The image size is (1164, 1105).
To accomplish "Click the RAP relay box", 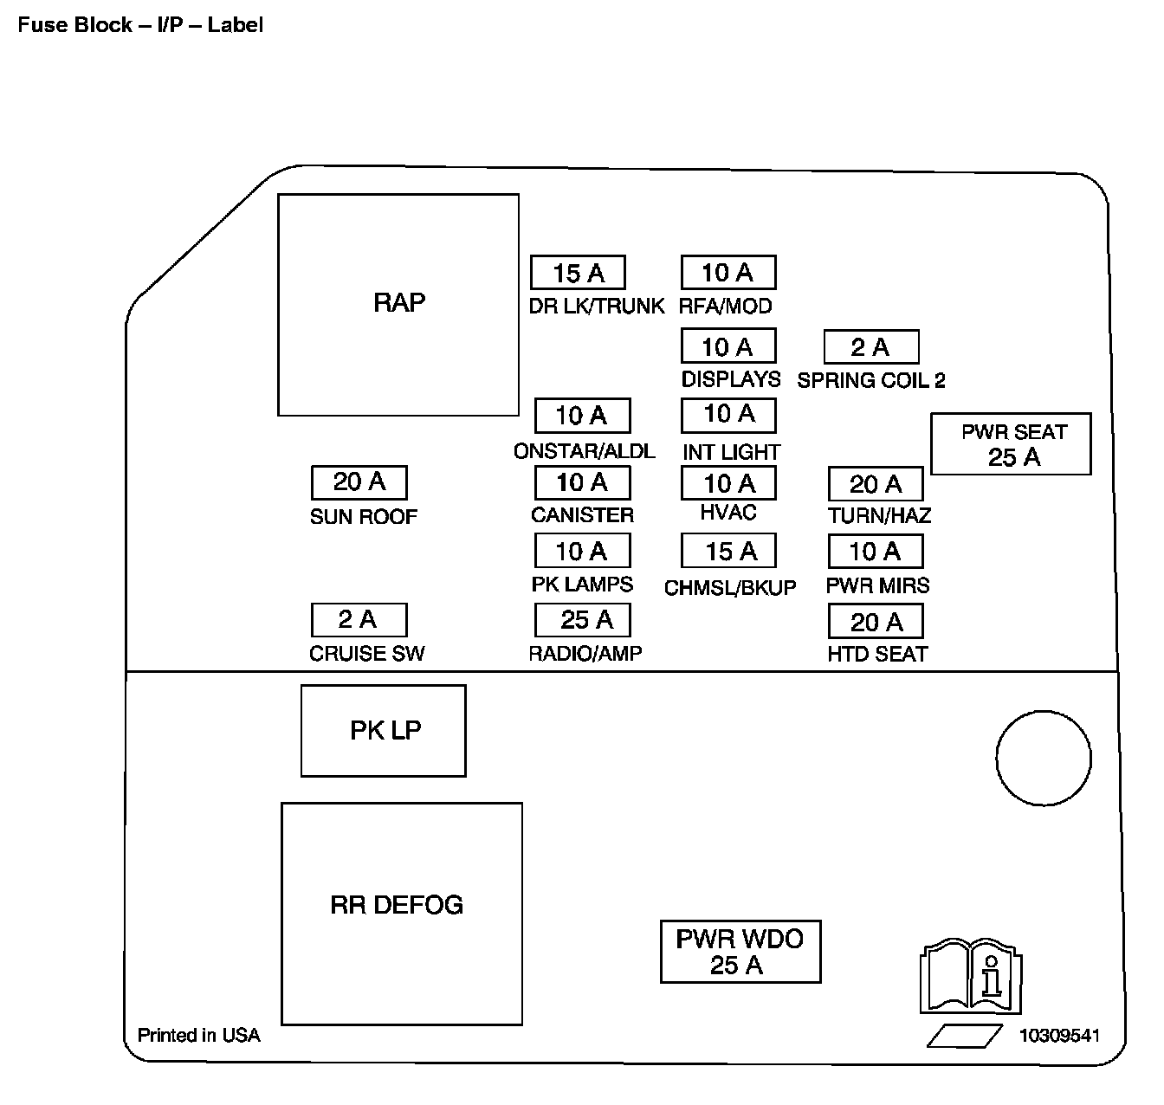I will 398,304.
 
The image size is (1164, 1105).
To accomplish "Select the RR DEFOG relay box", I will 401,913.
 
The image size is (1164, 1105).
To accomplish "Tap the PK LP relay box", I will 383,731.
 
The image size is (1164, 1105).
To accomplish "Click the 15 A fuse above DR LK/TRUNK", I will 578,273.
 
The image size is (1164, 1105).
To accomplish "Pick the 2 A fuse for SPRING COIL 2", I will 870,347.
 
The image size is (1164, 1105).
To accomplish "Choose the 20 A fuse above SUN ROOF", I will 359,482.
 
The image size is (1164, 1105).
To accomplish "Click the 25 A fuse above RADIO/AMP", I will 583,620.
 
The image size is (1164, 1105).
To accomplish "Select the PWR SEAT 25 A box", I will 1011,444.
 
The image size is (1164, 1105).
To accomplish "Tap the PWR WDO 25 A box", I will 740,952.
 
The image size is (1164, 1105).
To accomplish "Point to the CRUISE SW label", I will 367,653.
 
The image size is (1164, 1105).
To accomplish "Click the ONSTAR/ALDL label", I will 584,451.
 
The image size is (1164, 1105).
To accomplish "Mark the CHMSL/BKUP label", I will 729,588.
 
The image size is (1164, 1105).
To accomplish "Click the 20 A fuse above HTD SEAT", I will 876,622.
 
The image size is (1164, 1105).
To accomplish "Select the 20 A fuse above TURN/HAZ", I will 876,484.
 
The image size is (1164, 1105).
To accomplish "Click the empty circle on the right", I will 1043,758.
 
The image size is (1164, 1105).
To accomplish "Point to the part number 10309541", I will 1059,1036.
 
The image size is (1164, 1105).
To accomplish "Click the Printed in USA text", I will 198,1035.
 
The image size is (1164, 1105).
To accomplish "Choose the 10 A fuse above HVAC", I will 728,483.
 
